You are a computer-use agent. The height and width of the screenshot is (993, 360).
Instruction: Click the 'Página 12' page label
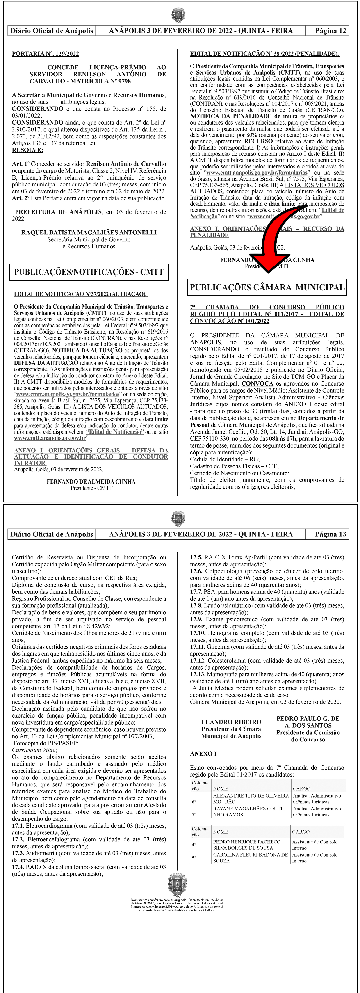click(x=330, y=31)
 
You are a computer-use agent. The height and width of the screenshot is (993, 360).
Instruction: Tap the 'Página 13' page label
click(x=330, y=534)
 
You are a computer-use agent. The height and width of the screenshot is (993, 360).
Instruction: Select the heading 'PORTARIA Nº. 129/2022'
click(x=46, y=54)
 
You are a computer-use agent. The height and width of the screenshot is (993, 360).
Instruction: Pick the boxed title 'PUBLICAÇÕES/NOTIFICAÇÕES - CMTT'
click(x=89, y=272)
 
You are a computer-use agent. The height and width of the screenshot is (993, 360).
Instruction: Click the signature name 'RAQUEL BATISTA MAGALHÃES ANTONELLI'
click(x=89, y=232)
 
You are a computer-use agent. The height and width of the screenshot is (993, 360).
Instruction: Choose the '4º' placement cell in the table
click(x=195, y=845)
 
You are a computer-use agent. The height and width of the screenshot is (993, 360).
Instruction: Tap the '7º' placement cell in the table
click(x=195, y=815)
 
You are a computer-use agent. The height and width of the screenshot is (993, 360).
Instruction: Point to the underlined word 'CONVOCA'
click(x=257, y=384)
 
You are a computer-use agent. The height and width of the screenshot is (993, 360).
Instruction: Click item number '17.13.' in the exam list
click(x=198, y=675)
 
